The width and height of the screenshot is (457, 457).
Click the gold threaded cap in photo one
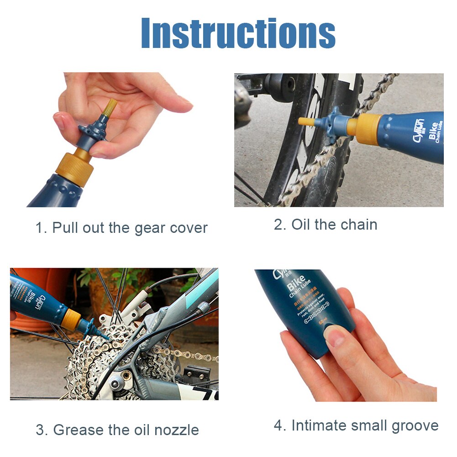point(75,167)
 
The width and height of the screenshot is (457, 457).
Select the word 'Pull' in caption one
point(66,228)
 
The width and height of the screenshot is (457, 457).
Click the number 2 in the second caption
point(278,225)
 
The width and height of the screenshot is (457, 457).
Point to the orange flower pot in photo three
point(46,285)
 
